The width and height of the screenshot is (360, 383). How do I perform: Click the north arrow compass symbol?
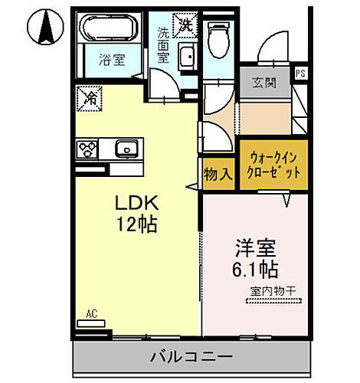pos(44,28)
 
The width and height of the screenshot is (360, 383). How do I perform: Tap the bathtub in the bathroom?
pos(108,31)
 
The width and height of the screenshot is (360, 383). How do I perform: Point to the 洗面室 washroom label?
pos(164,51)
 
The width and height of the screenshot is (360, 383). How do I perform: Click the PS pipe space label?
pos(300,74)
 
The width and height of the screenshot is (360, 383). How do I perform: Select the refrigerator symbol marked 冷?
pos(90,98)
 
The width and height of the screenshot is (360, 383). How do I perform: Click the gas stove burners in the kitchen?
pos(86,148)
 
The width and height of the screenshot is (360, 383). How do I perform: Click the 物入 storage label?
pos(218,174)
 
